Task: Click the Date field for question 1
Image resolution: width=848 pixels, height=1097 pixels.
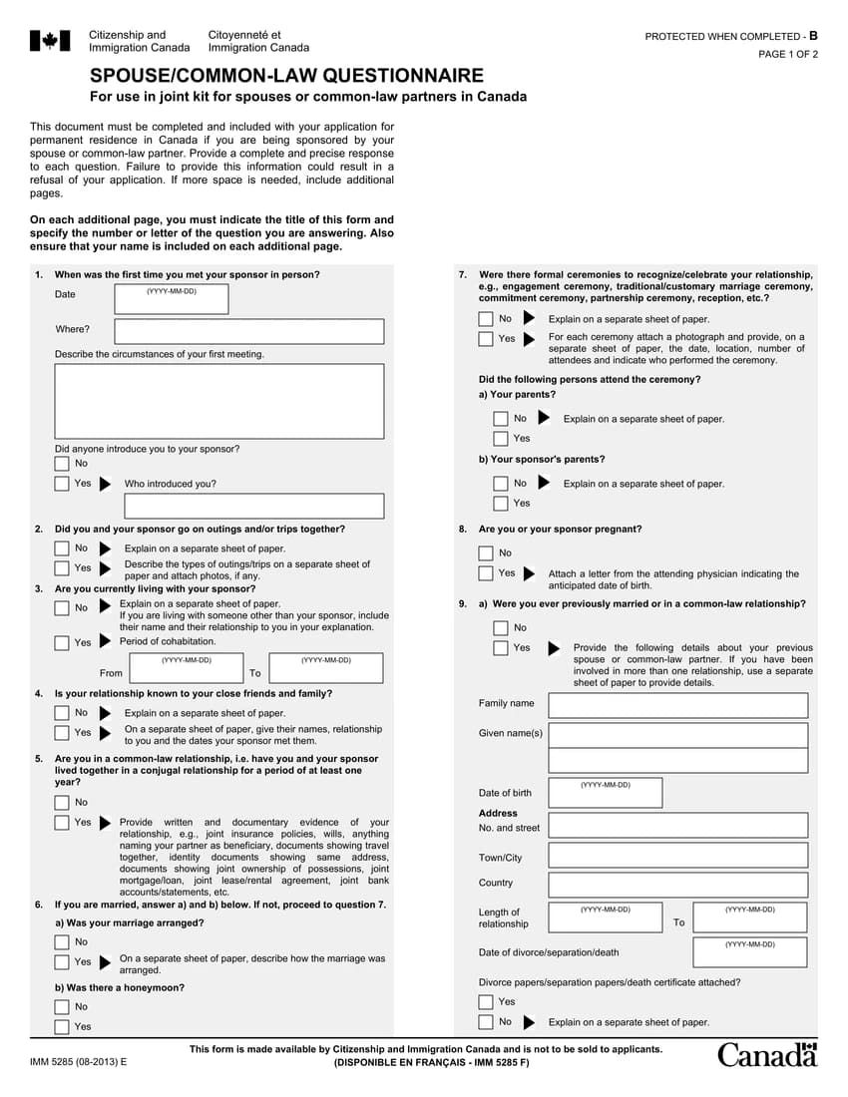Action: click(x=172, y=299)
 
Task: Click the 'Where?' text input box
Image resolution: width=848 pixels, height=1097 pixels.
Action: click(x=248, y=331)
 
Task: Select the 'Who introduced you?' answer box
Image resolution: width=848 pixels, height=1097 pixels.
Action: click(x=253, y=506)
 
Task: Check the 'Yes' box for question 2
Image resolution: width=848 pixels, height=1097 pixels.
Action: click(x=62, y=568)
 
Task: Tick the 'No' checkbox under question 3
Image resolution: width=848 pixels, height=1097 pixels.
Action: click(x=62, y=608)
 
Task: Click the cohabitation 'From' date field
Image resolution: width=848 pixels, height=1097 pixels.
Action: click(x=186, y=668)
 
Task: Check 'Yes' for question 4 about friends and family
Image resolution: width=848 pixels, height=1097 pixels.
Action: click(x=62, y=733)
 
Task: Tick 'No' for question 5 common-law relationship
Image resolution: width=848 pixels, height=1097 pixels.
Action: click(x=62, y=803)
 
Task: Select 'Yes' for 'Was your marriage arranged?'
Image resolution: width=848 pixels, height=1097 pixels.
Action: click(x=62, y=962)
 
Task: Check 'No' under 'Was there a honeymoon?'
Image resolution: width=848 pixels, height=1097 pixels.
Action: click(x=62, y=1007)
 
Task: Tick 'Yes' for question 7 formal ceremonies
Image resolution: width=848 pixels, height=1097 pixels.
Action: click(x=486, y=339)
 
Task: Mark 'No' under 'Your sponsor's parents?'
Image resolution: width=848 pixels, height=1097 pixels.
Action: click(x=501, y=484)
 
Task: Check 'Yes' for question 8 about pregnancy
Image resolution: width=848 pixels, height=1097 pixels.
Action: click(x=486, y=573)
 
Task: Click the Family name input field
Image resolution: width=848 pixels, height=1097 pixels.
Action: click(x=677, y=705)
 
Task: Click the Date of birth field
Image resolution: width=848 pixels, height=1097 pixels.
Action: click(x=605, y=793)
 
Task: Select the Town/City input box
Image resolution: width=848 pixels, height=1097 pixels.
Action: click(x=677, y=856)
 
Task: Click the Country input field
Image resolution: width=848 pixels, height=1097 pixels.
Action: click(x=677, y=885)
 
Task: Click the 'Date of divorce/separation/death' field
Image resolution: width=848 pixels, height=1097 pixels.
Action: click(x=749, y=952)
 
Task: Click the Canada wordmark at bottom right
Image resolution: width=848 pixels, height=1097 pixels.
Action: click(x=766, y=1055)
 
